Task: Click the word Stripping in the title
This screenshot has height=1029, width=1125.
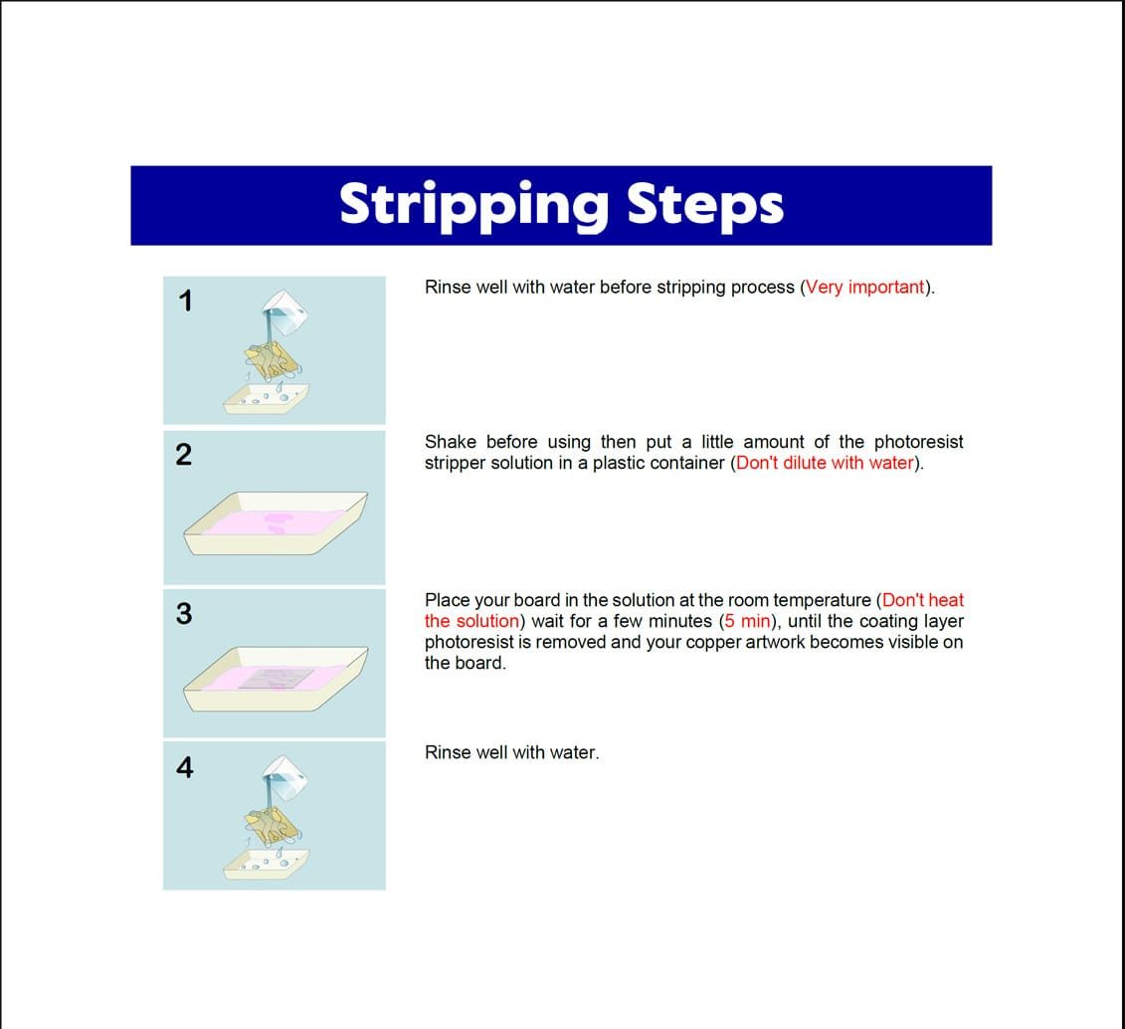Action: pyautogui.click(x=473, y=206)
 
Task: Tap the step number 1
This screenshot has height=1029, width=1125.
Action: pyautogui.click(x=186, y=302)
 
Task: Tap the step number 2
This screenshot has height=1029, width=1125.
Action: pyautogui.click(x=184, y=455)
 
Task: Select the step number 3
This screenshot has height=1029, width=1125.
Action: pyautogui.click(x=184, y=614)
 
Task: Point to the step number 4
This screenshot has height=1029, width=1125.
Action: pyautogui.click(x=184, y=768)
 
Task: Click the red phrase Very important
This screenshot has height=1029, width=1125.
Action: pyautogui.click(x=864, y=287)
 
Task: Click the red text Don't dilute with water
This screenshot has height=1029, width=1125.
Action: pyautogui.click(x=825, y=463)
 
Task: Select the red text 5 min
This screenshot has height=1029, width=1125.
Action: pyautogui.click(x=748, y=621)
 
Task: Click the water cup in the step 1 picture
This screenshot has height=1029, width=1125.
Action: pyautogui.click(x=285, y=312)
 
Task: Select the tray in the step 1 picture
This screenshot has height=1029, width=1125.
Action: pyautogui.click(x=267, y=399)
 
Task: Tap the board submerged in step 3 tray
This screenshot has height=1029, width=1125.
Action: pyautogui.click(x=277, y=678)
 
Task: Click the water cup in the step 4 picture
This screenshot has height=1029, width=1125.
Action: pyautogui.click(x=284, y=778)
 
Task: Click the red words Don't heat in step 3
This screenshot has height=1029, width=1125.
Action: pyautogui.click(x=923, y=600)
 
